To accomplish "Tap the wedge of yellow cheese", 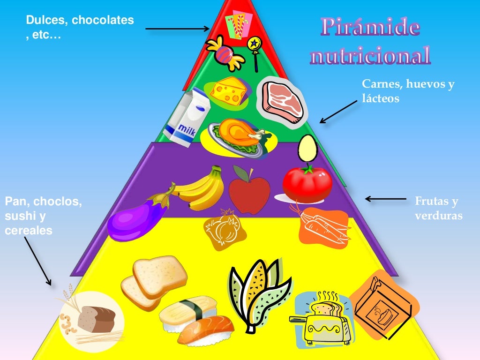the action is [228, 90].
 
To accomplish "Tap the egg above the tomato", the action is [307, 148].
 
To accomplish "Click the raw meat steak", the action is [283, 101].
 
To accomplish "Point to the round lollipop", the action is [255, 45].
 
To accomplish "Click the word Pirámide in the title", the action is [370, 28].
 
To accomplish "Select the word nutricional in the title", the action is [370, 56].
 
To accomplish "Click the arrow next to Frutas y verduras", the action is [385, 199].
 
